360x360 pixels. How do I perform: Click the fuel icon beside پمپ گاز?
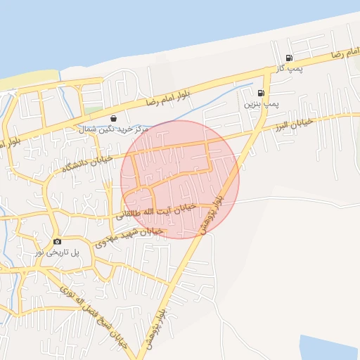289,58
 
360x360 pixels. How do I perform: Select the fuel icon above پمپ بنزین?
261,93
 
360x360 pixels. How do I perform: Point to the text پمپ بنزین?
262,104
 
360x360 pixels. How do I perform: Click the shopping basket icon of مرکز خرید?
114,118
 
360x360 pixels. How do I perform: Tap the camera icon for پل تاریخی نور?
57,241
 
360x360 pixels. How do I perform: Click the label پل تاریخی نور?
56,252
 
